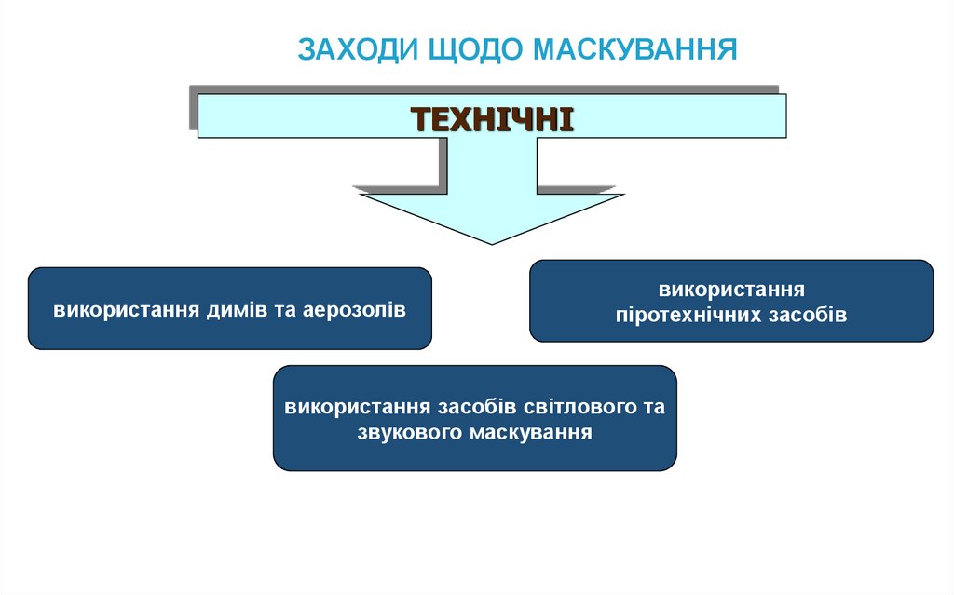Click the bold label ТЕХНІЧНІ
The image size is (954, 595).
493,119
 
